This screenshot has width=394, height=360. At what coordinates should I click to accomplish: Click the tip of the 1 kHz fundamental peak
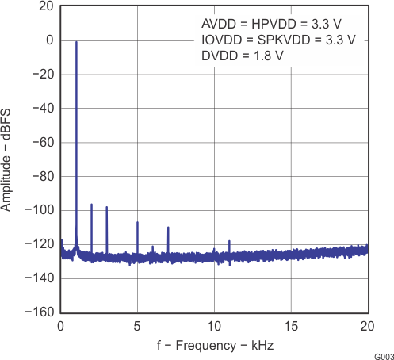pyautogui.click(x=76, y=42)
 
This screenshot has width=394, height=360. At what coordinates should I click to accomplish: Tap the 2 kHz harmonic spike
pyautogui.click(x=91, y=205)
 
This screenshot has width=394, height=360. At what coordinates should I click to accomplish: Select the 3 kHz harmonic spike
pyautogui.click(x=107, y=208)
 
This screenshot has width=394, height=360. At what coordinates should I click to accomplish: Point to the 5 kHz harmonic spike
pyautogui.click(x=137, y=223)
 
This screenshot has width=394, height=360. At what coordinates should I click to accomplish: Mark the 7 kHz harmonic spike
pyautogui.click(x=168, y=228)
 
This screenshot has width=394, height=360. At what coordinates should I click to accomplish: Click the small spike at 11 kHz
pyautogui.click(x=229, y=241)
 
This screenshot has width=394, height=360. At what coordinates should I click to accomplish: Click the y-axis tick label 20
pyautogui.click(x=45, y=6)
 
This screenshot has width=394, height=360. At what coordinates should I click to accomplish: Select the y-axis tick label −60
pyautogui.click(x=42, y=142)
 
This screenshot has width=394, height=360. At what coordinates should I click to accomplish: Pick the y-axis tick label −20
pyautogui.click(x=42, y=75)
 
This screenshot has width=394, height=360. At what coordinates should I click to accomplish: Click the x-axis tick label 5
pyautogui.click(x=137, y=326)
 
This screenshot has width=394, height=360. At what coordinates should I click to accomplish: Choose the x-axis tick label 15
pyautogui.click(x=291, y=326)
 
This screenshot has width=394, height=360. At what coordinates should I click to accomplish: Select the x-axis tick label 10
pyautogui.click(x=214, y=326)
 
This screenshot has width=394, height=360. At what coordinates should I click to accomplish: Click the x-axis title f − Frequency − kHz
pyautogui.click(x=213, y=346)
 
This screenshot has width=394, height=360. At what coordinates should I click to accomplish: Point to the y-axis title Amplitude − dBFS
pyautogui.click(x=7, y=159)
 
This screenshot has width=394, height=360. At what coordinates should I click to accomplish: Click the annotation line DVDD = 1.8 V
pyautogui.click(x=242, y=56)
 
